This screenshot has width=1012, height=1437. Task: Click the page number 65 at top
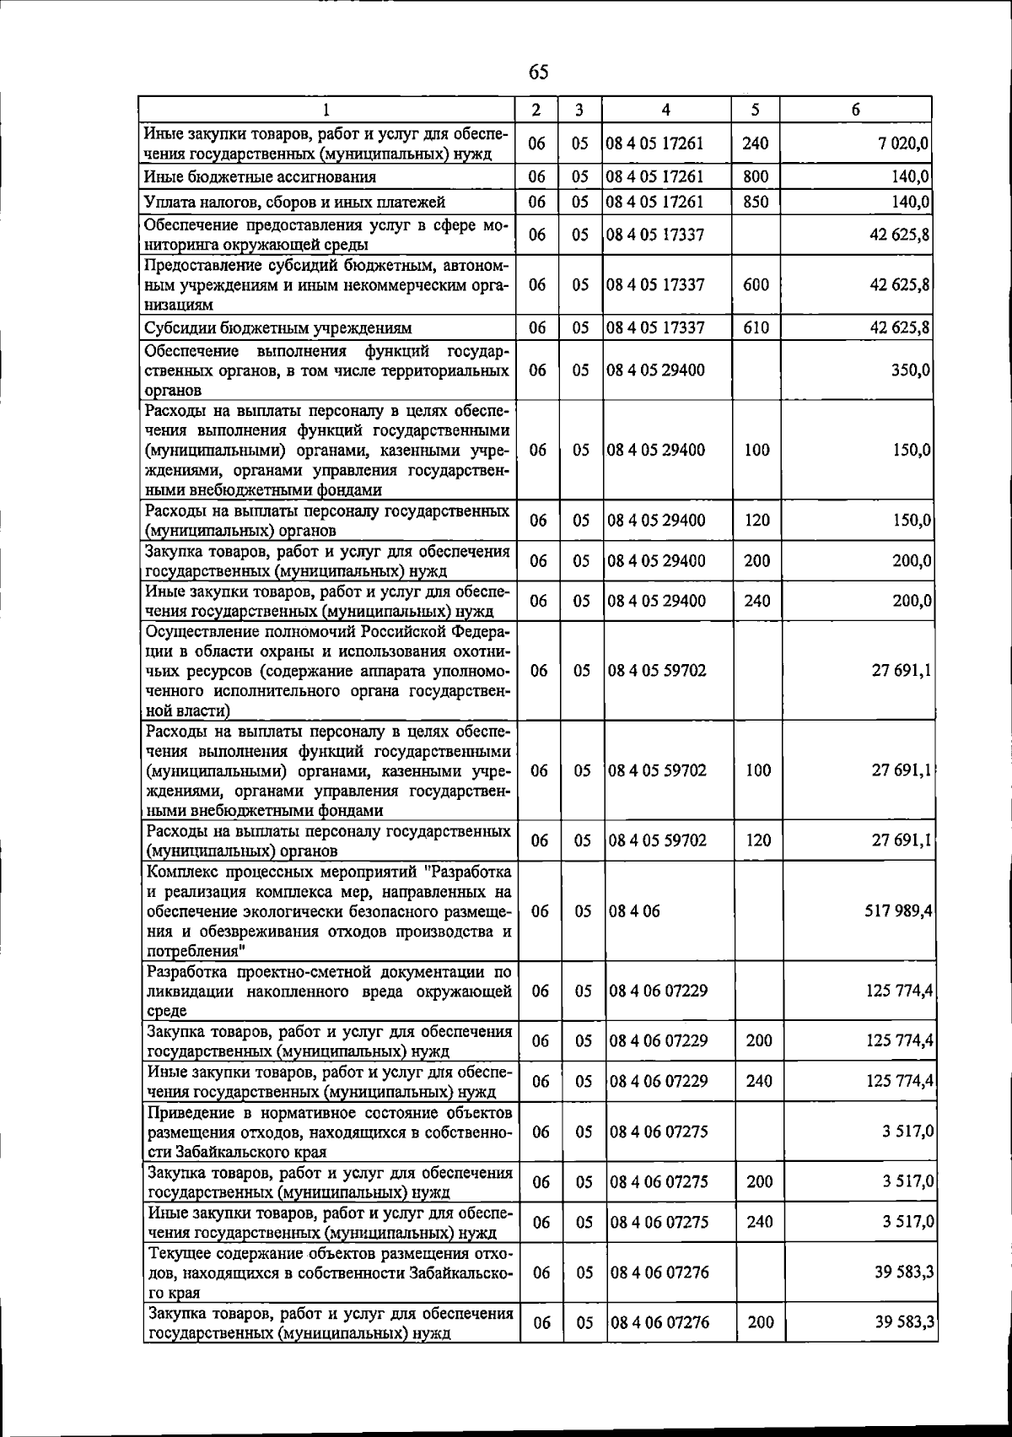coord(538,72)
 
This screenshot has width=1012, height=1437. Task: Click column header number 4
coord(665,110)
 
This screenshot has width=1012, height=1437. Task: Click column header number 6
coord(855,110)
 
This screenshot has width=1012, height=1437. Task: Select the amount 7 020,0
coord(903,143)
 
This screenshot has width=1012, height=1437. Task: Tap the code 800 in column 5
coord(755,176)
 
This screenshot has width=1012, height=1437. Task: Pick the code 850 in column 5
coord(755,202)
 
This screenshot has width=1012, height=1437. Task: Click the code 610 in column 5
coord(756,327)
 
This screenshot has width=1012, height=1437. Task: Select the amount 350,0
coord(911,370)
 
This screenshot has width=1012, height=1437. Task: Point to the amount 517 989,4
coord(896,911)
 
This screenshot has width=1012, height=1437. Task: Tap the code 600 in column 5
coord(756,284)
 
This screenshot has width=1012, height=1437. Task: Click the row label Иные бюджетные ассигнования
coord(260,177)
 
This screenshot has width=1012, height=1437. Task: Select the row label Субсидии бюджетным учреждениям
coord(277,328)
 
